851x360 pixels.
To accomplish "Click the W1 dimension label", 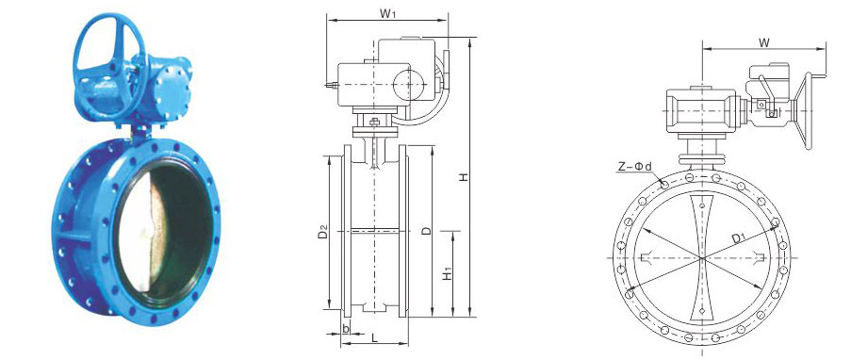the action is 387,13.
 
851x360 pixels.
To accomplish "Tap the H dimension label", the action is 463,177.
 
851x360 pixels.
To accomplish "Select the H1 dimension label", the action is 447,275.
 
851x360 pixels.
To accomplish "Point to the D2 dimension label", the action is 323,233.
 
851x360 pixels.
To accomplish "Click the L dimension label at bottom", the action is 374,337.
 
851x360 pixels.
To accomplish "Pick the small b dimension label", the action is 346,327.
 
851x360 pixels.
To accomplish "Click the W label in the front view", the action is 764,43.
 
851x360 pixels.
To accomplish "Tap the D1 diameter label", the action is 737,237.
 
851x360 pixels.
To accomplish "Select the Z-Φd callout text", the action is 634,167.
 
